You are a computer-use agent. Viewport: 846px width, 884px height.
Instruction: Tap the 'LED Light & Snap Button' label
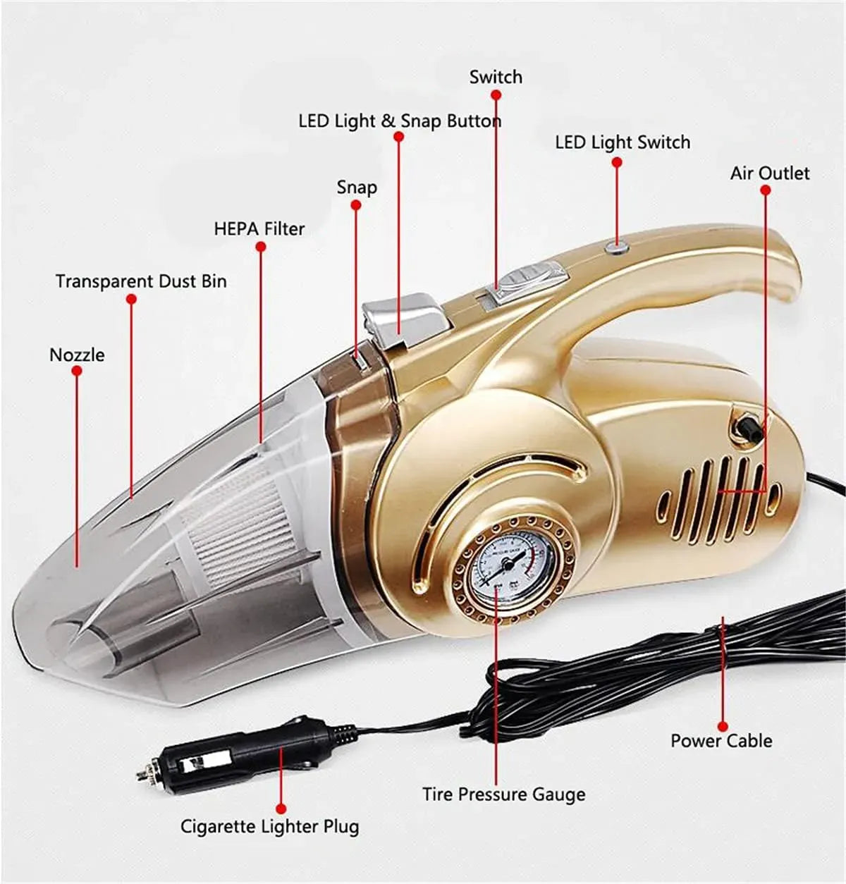click(400, 121)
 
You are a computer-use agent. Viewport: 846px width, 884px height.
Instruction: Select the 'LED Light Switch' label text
click(623, 142)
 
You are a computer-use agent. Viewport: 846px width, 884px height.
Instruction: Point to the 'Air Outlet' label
click(770, 173)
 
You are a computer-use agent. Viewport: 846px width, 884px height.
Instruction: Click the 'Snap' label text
click(357, 188)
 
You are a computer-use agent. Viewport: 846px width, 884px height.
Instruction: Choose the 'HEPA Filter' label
click(259, 229)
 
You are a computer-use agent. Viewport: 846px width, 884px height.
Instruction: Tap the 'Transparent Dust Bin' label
click(141, 281)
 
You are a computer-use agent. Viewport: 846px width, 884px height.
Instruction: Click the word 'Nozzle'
click(77, 355)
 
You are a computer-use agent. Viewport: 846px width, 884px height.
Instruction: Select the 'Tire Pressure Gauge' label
click(504, 794)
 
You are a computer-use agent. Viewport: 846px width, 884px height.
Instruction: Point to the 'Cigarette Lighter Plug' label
click(269, 826)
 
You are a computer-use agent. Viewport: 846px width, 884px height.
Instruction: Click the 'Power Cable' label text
click(721, 740)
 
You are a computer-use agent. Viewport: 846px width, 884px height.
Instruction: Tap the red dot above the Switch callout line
click(496, 95)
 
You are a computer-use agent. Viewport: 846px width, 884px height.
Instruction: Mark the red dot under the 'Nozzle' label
click(77, 371)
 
